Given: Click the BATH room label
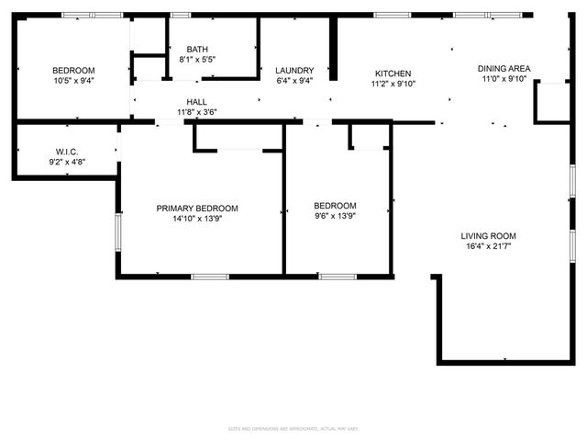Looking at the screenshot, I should coord(197,50).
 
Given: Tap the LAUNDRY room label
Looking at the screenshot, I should coord(294,70).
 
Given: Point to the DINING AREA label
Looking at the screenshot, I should coord(504,69).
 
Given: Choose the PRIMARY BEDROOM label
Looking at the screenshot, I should coord(197,208).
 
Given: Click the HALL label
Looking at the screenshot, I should coord(197,102).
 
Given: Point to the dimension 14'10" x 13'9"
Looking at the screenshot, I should coord(197,219).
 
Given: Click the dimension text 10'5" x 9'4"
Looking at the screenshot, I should coord(72,81).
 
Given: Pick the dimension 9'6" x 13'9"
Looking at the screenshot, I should coord(335,217).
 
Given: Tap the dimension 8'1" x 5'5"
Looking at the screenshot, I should coord(197,60).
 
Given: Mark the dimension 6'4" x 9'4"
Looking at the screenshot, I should coord(294,80).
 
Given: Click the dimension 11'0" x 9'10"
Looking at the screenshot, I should coord(504,79).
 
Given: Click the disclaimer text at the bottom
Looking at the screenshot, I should coord(293,428).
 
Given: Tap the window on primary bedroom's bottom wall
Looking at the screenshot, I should coord(210,276).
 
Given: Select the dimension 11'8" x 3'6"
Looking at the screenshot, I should coord(197,112).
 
